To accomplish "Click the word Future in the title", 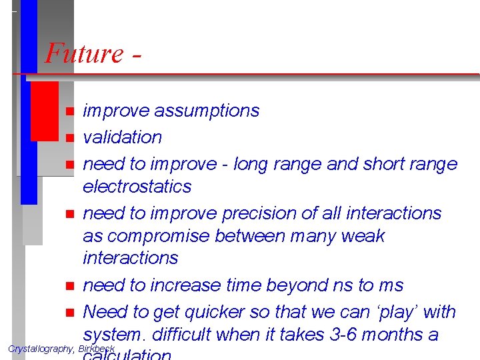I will click(84, 53).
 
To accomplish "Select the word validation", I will click(122, 137).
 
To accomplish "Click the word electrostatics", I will click(137, 187).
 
